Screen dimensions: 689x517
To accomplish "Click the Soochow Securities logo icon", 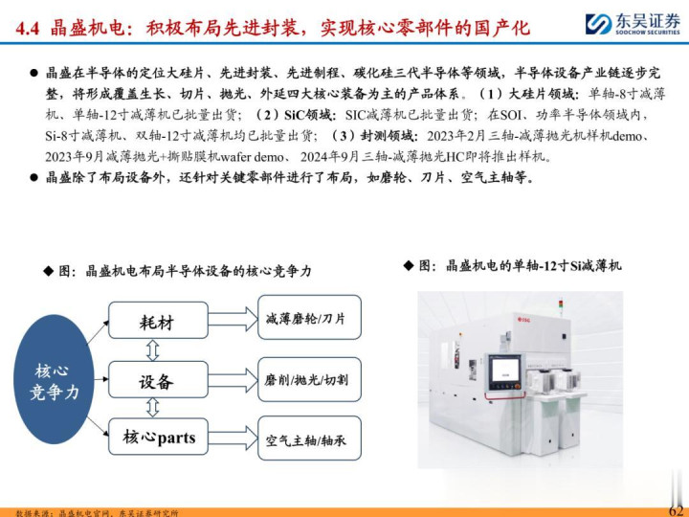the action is pyautogui.click(x=598, y=24).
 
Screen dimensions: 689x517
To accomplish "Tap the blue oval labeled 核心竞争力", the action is pyautogui.click(x=54, y=379).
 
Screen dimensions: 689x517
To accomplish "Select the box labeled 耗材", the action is pyautogui.click(x=158, y=320).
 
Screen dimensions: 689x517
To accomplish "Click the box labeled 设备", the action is pyautogui.click(x=158, y=379).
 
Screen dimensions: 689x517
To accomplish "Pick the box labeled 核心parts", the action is pyautogui.click(x=158, y=437).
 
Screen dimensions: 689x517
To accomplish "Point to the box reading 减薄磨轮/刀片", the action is pyautogui.click(x=309, y=318).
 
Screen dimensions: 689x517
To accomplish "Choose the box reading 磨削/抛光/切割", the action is pyautogui.click(x=309, y=379).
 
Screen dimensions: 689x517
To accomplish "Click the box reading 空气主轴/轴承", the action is pyautogui.click(x=309, y=438).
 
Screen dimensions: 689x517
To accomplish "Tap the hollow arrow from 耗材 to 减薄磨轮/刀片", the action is pyautogui.click(x=233, y=319).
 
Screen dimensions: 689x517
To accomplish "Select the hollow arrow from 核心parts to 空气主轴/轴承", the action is pyautogui.click(x=233, y=438).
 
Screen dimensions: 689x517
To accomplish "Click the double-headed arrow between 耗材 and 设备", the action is pyautogui.click(x=152, y=350).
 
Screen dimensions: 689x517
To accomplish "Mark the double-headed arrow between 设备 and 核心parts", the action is pyautogui.click(x=152, y=408).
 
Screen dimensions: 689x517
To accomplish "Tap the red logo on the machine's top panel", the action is pyautogui.click(x=522, y=320).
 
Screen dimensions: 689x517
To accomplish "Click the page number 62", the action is pyautogui.click(x=677, y=510).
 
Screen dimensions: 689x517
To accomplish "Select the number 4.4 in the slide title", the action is pyautogui.click(x=27, y=29).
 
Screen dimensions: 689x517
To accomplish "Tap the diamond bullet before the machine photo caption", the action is pyautogui.click(x=409, y=265).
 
